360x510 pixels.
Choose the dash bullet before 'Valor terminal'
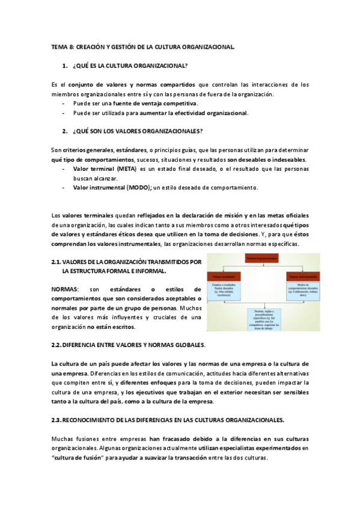(64, 170)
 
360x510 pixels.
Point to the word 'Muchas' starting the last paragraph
(63, 439)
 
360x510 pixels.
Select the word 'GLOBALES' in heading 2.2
(186, 345)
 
